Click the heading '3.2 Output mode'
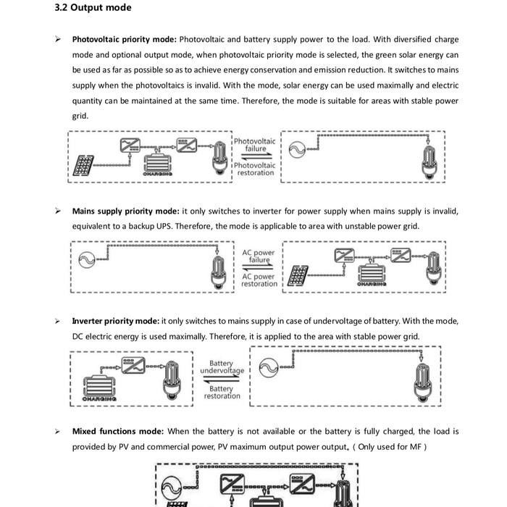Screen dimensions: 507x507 point(93,7)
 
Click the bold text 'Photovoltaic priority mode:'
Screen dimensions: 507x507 point(124,39)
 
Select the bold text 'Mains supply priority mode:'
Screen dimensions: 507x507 point(125,211)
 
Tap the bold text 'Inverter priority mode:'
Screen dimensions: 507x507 point(115,321)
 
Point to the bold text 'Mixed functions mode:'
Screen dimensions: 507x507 point(117,432)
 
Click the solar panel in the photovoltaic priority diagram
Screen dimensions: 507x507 point(83,166)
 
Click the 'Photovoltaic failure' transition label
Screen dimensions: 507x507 point(255,145)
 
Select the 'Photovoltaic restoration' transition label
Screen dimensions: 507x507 point(255,169)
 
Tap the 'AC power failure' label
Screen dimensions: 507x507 point(259,256)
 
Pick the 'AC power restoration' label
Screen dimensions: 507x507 point(259,280)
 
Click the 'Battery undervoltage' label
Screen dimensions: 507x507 point(222,366)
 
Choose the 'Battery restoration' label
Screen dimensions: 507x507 point(222,392)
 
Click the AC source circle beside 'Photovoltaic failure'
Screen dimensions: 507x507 point(297,150)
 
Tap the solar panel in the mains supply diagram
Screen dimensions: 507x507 point(298,276)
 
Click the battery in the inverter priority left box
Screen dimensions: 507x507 point(99,387)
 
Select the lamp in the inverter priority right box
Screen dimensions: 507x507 point(423,383)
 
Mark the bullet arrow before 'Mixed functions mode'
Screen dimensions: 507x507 point(57,432)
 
